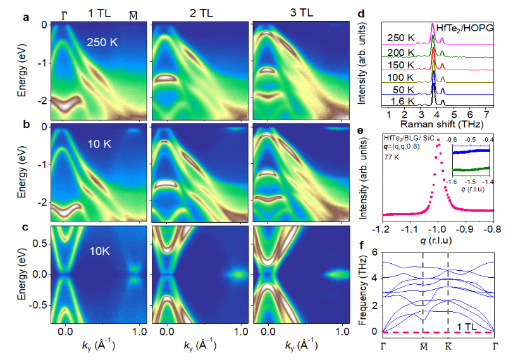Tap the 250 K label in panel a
[102, 42]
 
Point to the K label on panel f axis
[448, 346]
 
